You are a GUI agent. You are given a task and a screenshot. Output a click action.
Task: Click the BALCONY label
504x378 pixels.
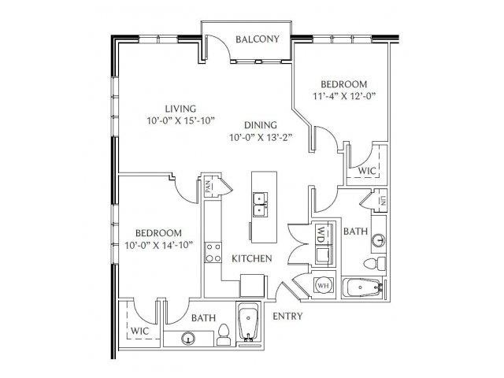click(x=258, y=39)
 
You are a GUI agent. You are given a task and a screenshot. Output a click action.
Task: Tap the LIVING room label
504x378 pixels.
click(x=180, y=109)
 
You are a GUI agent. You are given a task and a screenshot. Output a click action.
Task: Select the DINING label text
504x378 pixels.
click(x=261, y=125)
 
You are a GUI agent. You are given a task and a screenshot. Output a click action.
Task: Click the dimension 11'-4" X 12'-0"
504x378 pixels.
click(x=344, y=96)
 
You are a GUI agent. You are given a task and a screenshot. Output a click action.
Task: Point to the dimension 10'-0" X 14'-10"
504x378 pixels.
click(x=159, y=246)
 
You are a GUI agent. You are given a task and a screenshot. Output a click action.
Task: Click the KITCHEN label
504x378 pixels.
click(x=252, y=258)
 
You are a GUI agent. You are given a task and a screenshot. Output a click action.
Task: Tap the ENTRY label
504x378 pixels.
click(x=287, y=317)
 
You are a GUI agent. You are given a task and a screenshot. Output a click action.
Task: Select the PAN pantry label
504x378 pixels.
click(x=209, y=187)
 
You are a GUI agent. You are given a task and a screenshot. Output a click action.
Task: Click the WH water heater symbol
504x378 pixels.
click(x=324, y=284)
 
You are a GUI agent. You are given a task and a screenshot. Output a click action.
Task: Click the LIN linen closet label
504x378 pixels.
click(x=383, y=202)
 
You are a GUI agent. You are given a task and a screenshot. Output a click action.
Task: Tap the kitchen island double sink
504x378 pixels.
click(x=261, y=205)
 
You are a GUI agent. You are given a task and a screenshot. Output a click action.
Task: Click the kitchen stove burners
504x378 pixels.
click(x=213, y=252)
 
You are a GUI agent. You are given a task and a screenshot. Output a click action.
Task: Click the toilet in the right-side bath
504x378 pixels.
click(x=375, y=263)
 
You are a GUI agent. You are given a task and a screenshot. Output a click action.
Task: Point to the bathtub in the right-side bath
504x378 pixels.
click(x=362, y=287)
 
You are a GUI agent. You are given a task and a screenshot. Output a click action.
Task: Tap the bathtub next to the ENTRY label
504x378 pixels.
click(x=249, y=322)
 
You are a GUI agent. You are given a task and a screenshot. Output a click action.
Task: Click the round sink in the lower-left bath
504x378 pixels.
click(x=188, y=339)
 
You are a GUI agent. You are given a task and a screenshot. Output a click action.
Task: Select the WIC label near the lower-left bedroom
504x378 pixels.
click(x=140, y=331)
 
